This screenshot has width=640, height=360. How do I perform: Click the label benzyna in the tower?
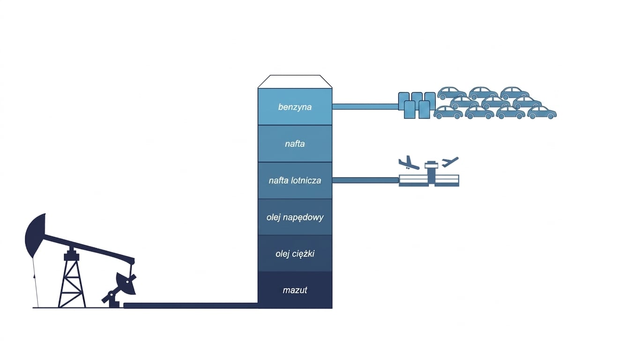tap(295, 107)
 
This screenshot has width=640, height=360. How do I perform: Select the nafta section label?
tap(295, 143)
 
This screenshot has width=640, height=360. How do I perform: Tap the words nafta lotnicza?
tap(295, 180)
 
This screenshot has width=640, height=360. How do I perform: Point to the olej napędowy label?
tap(295, 217)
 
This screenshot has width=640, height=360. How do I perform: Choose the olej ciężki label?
tap(295, 254)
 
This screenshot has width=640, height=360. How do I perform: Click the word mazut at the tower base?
tap(295, 290)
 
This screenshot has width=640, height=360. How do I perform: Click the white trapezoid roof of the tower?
tap(295, 82)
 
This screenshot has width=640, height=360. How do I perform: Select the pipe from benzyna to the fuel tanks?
tap(365, 107)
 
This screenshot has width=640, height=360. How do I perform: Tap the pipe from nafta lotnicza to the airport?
tap(365, 180)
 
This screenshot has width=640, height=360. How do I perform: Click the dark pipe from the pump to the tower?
tap(191, 305)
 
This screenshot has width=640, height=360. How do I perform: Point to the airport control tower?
tap(431, 172)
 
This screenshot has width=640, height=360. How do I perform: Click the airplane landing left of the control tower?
tap(409, 163)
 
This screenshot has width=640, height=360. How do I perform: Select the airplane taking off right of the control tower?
tap(450, 162)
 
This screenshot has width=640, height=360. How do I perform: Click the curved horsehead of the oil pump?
tap(36, 234)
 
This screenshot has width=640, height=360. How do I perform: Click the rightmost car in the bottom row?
tap(542, 112)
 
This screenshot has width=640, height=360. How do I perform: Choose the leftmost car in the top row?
tap(452, 93)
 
